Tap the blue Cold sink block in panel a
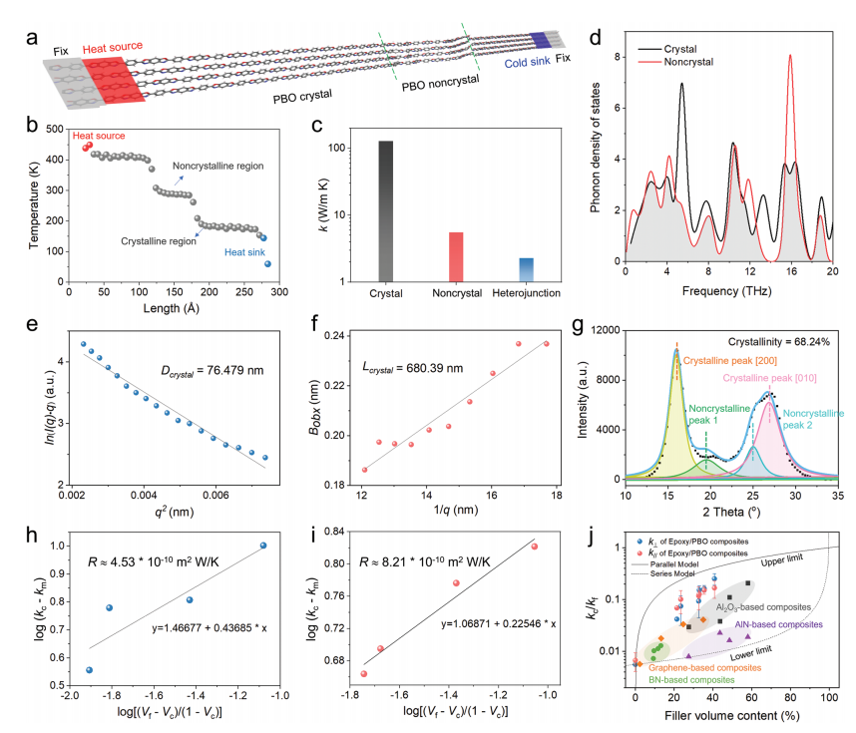click(x=539, y=39)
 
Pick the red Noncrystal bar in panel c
click(x=457, y=257)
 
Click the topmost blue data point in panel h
click(x=263, y=546)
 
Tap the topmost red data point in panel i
click(x=535, y=547)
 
